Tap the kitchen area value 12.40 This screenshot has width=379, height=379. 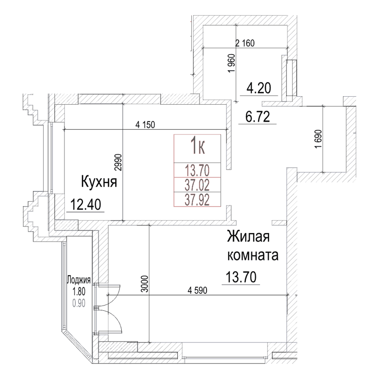[85, 205]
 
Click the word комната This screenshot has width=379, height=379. [253, 256]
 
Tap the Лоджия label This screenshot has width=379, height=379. [79, 280]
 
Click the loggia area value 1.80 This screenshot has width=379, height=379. [79, 289]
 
